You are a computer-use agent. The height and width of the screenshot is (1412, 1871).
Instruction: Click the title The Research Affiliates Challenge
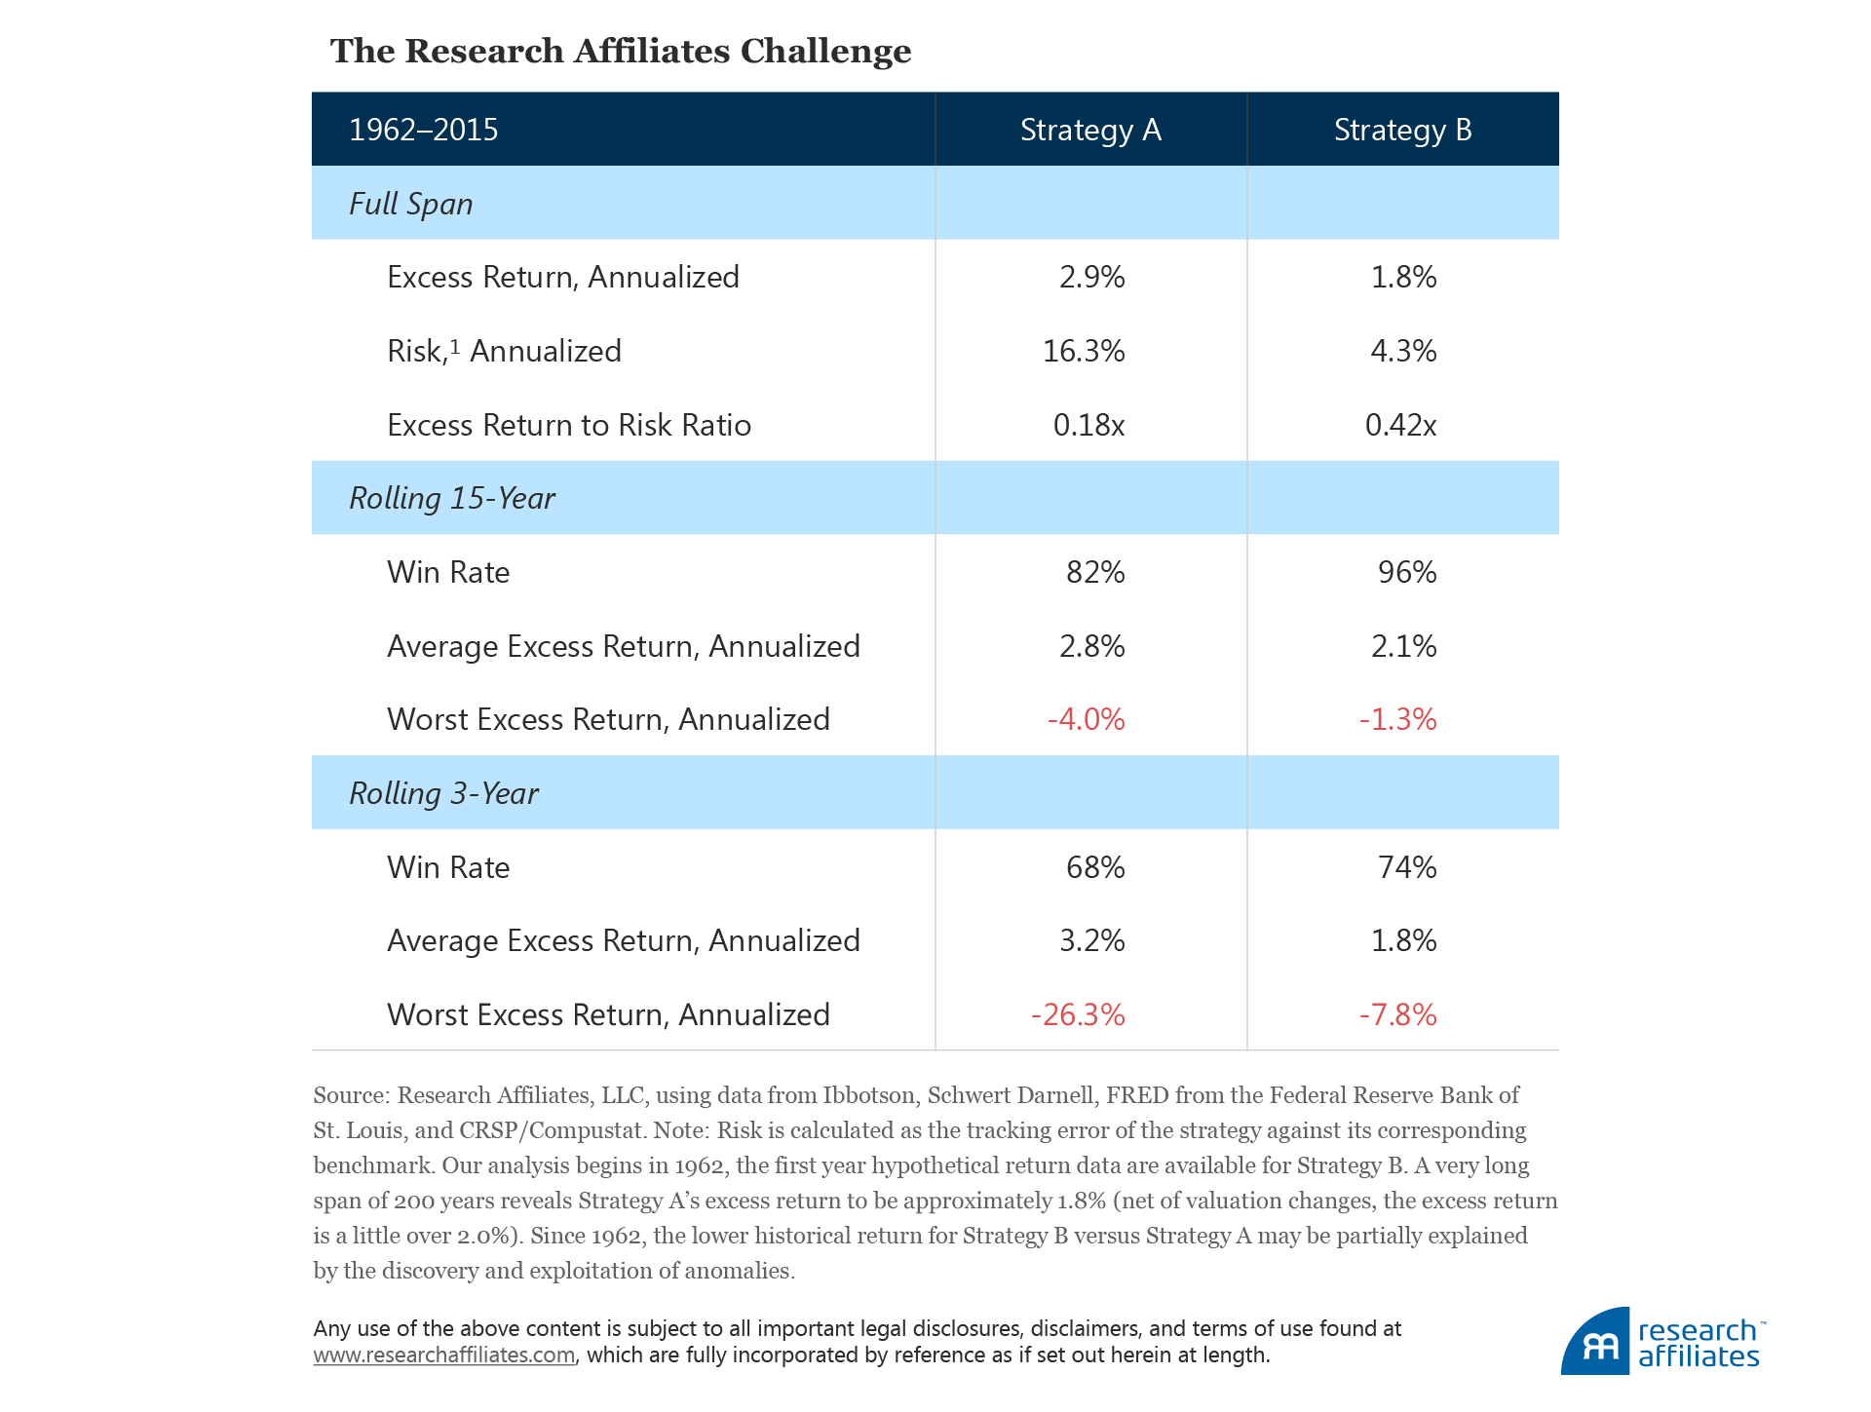click(621, 52)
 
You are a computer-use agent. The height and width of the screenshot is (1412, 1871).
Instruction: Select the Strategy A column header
click(1090, 130)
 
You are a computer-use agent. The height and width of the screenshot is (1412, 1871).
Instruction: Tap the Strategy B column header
click(1402, 130)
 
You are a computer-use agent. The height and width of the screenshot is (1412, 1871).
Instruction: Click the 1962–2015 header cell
click(424, 130)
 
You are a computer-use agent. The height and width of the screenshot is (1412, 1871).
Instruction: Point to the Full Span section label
click(411, 204)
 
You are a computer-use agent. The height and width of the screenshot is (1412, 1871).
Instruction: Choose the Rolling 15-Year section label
click(452, 498)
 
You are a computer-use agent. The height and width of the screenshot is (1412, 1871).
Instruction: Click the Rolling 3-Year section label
click(443, 793)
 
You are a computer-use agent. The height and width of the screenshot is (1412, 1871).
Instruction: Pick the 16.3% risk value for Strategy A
click(1084, 351)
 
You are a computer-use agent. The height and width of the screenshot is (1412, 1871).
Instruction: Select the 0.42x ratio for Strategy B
click(1400, 425)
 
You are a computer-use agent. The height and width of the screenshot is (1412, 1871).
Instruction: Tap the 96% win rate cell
click(1406, 572)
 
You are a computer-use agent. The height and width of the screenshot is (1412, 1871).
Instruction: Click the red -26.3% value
click(1078, 1014)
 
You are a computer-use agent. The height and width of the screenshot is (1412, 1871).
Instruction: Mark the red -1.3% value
click(1397, 719)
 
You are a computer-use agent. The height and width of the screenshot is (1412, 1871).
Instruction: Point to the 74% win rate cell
click(1406, 867)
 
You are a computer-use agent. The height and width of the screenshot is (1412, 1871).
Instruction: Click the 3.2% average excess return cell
click(1091, 940)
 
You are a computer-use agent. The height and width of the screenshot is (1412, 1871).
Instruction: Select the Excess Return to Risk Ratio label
click(569, 425)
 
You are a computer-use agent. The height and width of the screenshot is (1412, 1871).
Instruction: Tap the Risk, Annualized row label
click(504, 351)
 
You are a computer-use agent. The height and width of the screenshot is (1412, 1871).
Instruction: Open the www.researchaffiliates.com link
click(443, 1355)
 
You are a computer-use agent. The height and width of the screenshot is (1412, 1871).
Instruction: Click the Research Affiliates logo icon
click(1596, 1343)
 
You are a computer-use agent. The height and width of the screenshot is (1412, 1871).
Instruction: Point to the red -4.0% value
click(1086, 719)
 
